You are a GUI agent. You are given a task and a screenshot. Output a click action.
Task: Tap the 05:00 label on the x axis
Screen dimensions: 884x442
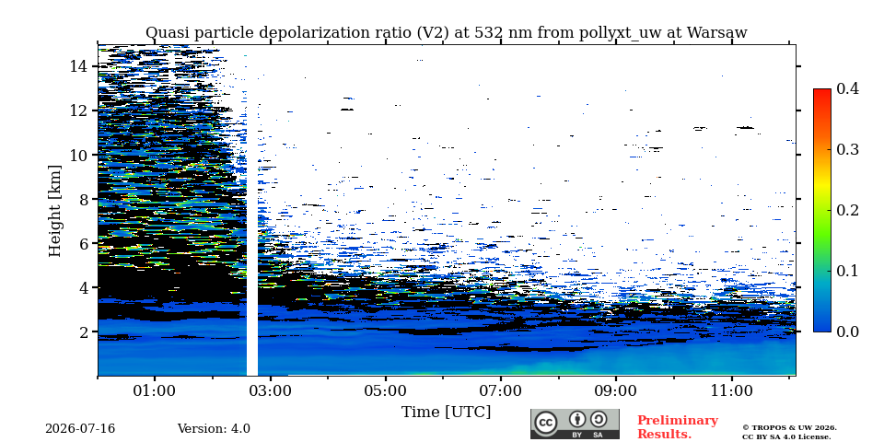(x=386, y=390)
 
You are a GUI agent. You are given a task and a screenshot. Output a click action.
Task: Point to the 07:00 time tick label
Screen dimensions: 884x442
(x=501, y=390)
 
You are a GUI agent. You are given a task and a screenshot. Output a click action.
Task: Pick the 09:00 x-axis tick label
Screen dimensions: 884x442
(x=616, y=390)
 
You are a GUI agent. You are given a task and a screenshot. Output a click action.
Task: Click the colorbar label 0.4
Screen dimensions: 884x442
(x=847, y=88)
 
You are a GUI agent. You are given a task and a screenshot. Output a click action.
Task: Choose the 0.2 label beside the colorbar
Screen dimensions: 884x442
(x=847, y=210)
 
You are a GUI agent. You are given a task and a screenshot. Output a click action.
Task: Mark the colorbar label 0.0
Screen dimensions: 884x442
(x=847, y=331)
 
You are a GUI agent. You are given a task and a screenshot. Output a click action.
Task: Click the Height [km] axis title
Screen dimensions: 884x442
(x=54, y=211)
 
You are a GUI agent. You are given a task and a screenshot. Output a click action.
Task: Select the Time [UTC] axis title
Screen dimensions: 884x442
(x=446, y=413)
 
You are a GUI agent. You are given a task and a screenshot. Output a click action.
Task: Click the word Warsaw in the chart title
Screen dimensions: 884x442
(x=716, y=33)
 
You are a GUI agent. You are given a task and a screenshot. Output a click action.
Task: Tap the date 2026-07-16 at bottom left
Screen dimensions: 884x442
(x=80, y=429)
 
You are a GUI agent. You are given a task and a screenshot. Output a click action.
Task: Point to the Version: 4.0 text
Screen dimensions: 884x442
(x=214, y=429)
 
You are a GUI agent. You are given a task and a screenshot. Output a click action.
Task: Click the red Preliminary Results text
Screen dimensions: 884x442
(x=678, y=427)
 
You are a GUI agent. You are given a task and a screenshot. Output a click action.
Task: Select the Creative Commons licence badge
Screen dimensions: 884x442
(x=575, y=424)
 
